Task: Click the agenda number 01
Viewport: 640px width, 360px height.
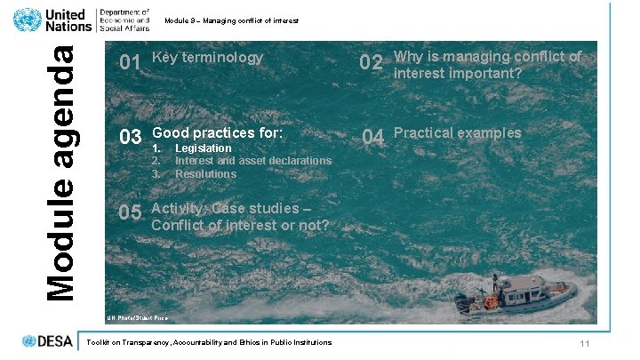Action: click(x=130, y=63)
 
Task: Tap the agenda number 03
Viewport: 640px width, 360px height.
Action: click(x=131, y=137)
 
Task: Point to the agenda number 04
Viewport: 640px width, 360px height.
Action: click(x=372, y=137)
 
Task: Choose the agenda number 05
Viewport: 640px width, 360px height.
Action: click(x=130, y=212)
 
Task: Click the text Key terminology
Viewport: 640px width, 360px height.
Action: click(x=208, y=58)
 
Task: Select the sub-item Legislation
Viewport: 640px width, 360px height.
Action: click(x=204, y=148)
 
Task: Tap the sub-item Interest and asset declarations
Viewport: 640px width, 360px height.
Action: click(x=253, y=161)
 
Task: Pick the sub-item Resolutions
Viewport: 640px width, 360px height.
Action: click(x=205, y=173)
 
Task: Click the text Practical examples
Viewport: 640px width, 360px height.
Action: click(x=458, y=133)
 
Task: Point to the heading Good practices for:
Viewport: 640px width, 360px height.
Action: click(x=218, y=132)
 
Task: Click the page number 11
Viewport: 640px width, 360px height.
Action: click(x=585, y=344)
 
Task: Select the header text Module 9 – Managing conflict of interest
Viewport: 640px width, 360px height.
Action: click(x=231, y=20)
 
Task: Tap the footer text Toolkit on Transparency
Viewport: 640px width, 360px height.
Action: click(x=205, y=342)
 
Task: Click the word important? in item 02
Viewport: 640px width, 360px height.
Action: click(x=489, y=73)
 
